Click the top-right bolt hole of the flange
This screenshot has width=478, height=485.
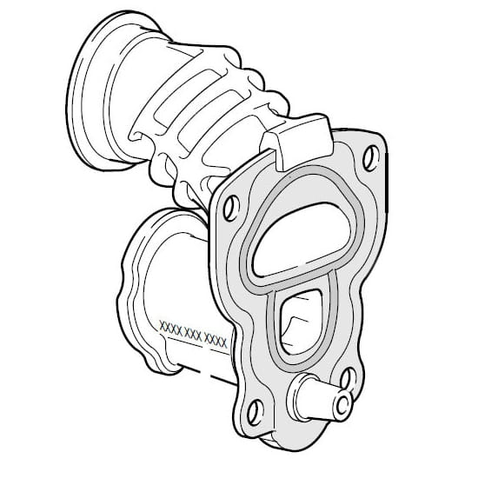[x=371, y=158]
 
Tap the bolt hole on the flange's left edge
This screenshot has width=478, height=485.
[x=231, y=208]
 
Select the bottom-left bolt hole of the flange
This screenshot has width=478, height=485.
[x=256, y=412]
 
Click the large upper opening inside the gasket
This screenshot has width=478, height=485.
[x=302, y=240]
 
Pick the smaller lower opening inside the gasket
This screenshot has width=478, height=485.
[x=300, y=322]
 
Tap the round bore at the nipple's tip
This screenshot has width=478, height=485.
[x=342, y=405]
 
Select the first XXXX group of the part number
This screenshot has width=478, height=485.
[x=170, y=328]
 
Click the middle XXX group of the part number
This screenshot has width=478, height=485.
[x=193, y=335]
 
